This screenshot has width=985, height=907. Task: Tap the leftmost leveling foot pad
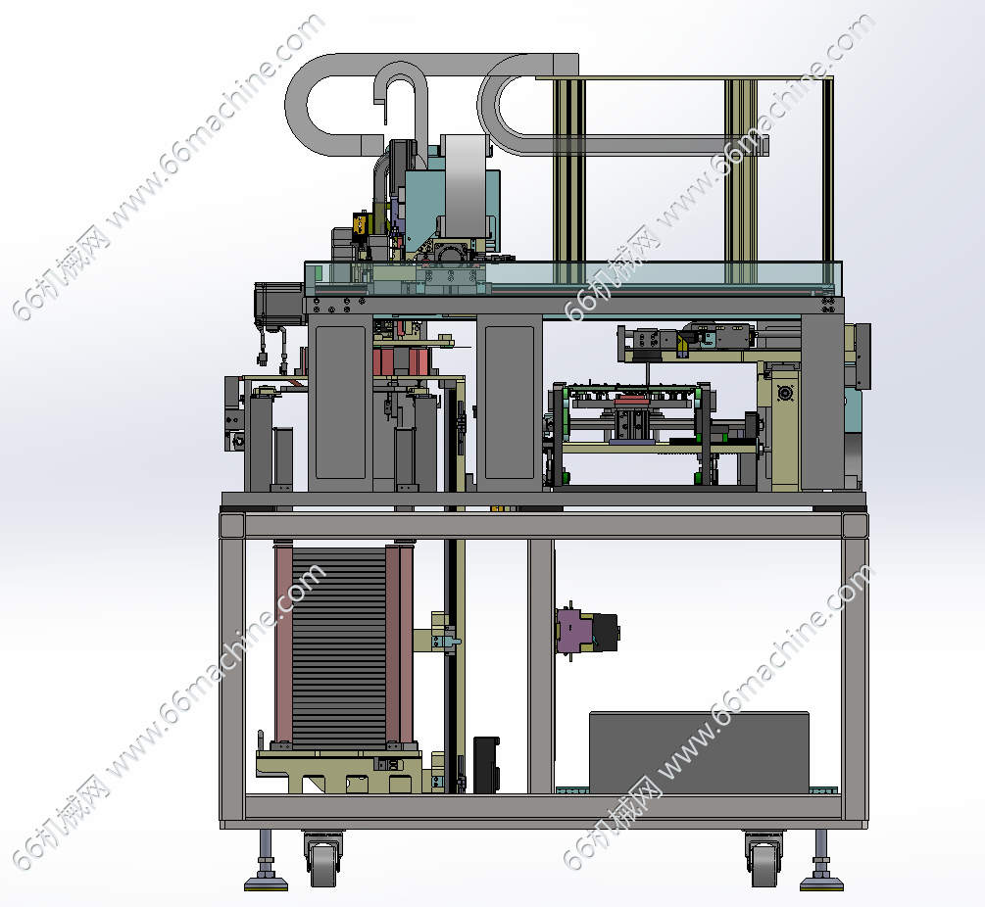click(x=266, y=883)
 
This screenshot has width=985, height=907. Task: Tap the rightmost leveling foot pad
click(x=821, y=883)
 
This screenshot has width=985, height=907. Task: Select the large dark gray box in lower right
click(x=699, y=752)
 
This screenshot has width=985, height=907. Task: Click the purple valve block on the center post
click(x=574, y=631)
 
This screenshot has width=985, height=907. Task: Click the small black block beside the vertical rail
click(x=485, y=765)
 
